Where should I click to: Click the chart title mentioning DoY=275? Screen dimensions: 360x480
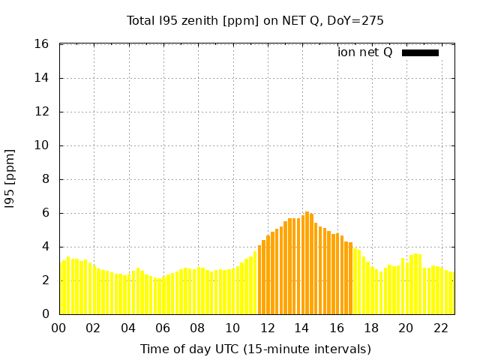point(255,21)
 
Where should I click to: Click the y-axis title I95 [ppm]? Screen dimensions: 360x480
point(10,179)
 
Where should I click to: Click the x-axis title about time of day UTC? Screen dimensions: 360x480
point(255,349)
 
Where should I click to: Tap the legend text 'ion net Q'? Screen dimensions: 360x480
point(364,52)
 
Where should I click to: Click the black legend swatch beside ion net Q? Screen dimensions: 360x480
point(420,52)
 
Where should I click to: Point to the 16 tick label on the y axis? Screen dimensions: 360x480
point(43,44)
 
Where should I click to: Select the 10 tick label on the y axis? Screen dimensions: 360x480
point(43,145)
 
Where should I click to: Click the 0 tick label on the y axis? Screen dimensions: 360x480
point(46,314)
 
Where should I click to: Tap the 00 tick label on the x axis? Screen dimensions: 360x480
point(58,328)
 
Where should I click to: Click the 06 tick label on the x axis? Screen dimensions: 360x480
point(163,328)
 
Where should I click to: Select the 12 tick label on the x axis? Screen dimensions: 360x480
point(267,328)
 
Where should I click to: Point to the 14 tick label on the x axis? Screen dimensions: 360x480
point(301,328)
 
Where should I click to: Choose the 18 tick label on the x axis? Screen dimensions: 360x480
point(371,328)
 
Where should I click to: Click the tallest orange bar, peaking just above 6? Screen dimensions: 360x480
point(307,262)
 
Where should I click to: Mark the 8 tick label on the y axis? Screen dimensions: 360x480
point(46,179)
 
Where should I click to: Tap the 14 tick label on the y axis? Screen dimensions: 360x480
point(43,78)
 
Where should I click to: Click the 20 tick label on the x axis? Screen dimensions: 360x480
point(406,328)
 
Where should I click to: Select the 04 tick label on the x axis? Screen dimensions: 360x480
point(128,328)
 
